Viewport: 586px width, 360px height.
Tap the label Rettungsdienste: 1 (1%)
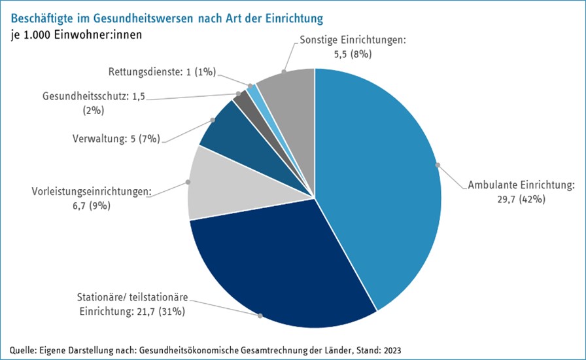[x=162, y=72]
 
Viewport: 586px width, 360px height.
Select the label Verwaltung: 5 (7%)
[x=115, y=138]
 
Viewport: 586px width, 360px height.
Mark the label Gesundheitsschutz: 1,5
[x=94, y=96]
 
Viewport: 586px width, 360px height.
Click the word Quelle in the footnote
[x=24, y=350]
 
